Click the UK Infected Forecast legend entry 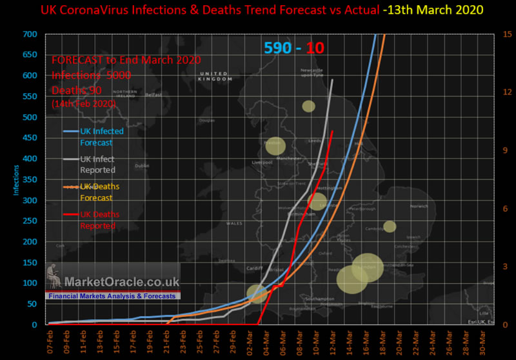[101, 137]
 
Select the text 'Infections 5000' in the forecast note [92, 75]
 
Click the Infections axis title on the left [16, 179]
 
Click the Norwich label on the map [418, 206]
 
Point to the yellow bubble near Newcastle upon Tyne [308, 106]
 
